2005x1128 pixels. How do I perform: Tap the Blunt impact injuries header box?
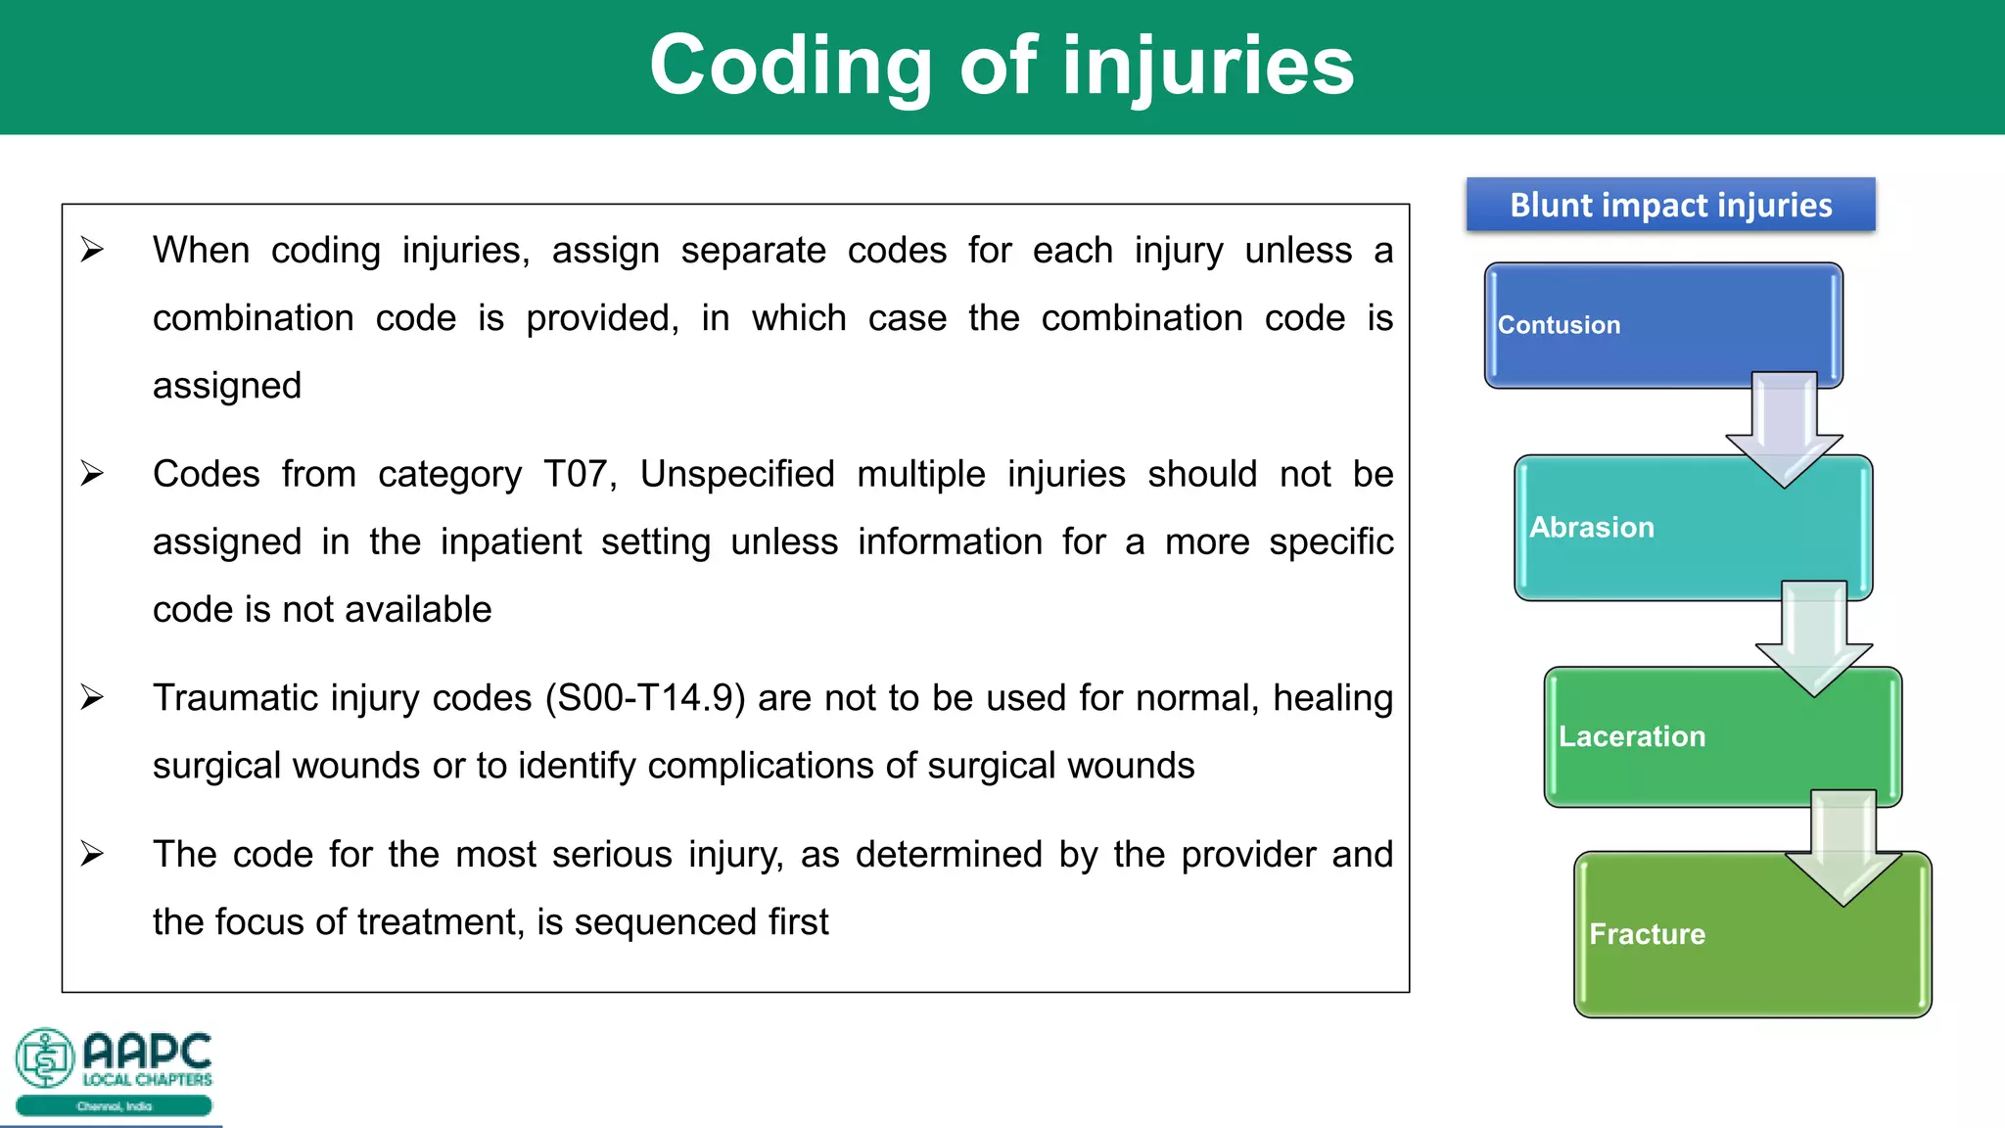1670,205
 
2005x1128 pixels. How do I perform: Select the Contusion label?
1559,325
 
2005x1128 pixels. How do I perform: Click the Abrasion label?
1592,528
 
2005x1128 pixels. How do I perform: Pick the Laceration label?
1632,736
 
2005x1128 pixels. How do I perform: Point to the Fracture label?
1647,934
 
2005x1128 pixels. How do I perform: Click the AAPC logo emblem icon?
45,1057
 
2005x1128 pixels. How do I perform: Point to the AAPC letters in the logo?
147,1052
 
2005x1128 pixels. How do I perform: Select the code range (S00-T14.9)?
645,699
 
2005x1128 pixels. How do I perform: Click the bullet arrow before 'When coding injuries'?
92,251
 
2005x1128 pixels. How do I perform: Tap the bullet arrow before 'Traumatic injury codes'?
92,698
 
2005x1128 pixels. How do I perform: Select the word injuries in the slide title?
1208,67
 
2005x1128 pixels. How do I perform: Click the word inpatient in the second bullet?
511,542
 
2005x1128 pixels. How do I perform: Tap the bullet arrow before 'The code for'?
92,855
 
